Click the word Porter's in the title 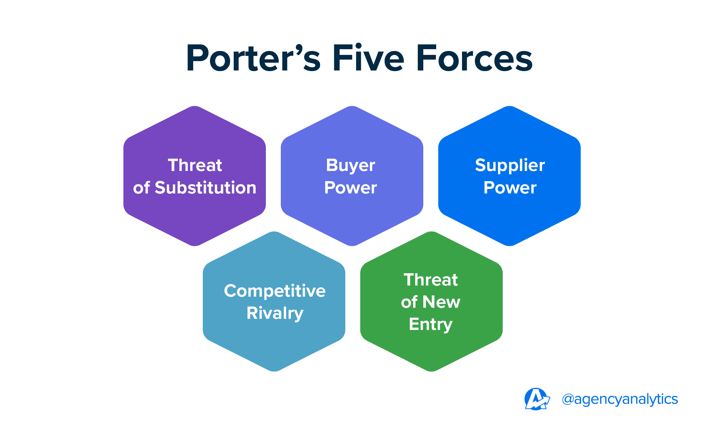coord(253,58)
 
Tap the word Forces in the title coord(474,58)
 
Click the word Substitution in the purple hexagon coord(205,188)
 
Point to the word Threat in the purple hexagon coord(195,165)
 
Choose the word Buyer coord(350,165)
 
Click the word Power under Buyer coord(350,188)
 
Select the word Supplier coord(510,165)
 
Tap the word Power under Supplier coord(510,188)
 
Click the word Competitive coord(274,291)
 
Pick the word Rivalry coord(274,313)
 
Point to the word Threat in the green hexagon coord(430,280)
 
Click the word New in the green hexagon coord(441,302)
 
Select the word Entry coord(430,324)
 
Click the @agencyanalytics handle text coord(620,399)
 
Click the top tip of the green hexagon coord(431,232)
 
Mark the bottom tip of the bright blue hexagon coord(509,245)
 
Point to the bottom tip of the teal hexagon coord(274,371)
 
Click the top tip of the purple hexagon coord(195,107)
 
